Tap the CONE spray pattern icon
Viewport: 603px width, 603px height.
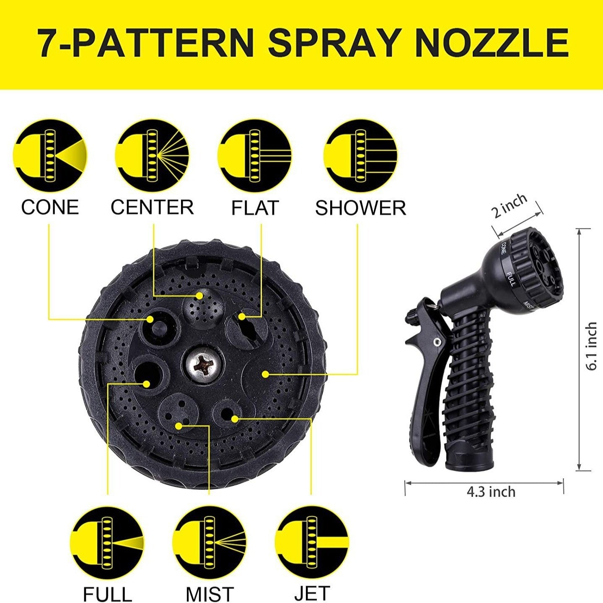(50, 156)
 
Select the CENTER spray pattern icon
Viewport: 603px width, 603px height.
(152, 156)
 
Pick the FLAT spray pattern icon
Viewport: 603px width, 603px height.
(254, 156)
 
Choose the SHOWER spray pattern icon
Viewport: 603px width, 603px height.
(360, 156)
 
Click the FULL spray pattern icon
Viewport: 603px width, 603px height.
(107, 543)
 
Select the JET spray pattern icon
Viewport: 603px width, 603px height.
(312, 543)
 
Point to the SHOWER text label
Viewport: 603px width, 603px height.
(360, 208)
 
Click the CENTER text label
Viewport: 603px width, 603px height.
(152, 207)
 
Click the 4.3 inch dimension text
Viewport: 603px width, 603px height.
(491, 492)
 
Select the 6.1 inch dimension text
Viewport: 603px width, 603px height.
(591, 346)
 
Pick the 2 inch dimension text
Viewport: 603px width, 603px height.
(510, 206)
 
